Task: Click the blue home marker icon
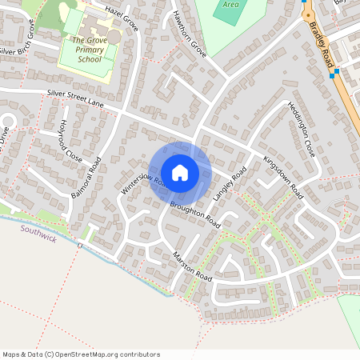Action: click(x=180, y=173)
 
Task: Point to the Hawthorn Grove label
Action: click(x=190, y=34)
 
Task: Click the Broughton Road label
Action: click(x=194, y=214)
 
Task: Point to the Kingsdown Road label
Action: click(x=283, y=177)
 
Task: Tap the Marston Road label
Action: click(x=192, y=266)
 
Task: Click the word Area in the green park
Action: click(x=231, y=4)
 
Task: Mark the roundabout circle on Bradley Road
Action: click(x=307, y=14)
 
